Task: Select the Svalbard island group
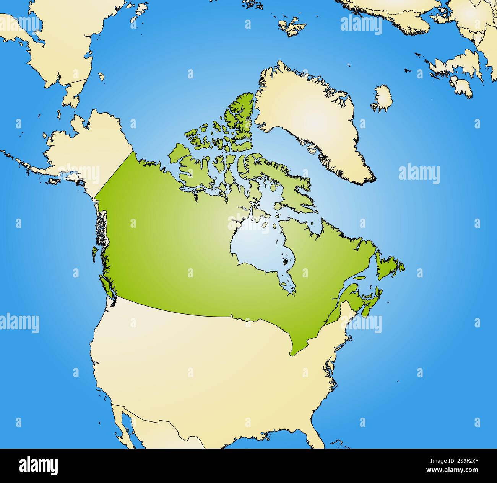(292, 26)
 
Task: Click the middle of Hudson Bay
(256, 249)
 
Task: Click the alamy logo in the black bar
(38, 465)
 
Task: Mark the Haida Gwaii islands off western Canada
(94, 253)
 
